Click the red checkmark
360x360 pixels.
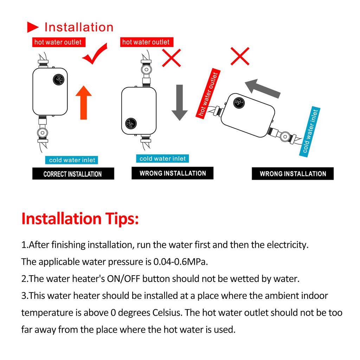point(93,54)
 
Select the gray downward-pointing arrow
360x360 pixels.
point(180,102)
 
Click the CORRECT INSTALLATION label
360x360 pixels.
point(73,174)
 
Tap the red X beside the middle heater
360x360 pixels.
point(171,58)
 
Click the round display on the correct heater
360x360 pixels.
point(58,80)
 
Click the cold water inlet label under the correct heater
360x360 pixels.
point(72,160)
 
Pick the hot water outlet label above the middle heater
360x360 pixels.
point(146,42)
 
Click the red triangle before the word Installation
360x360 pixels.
point(33,27)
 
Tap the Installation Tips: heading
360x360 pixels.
point(80,218)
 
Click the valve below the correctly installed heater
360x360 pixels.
point(42,134)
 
